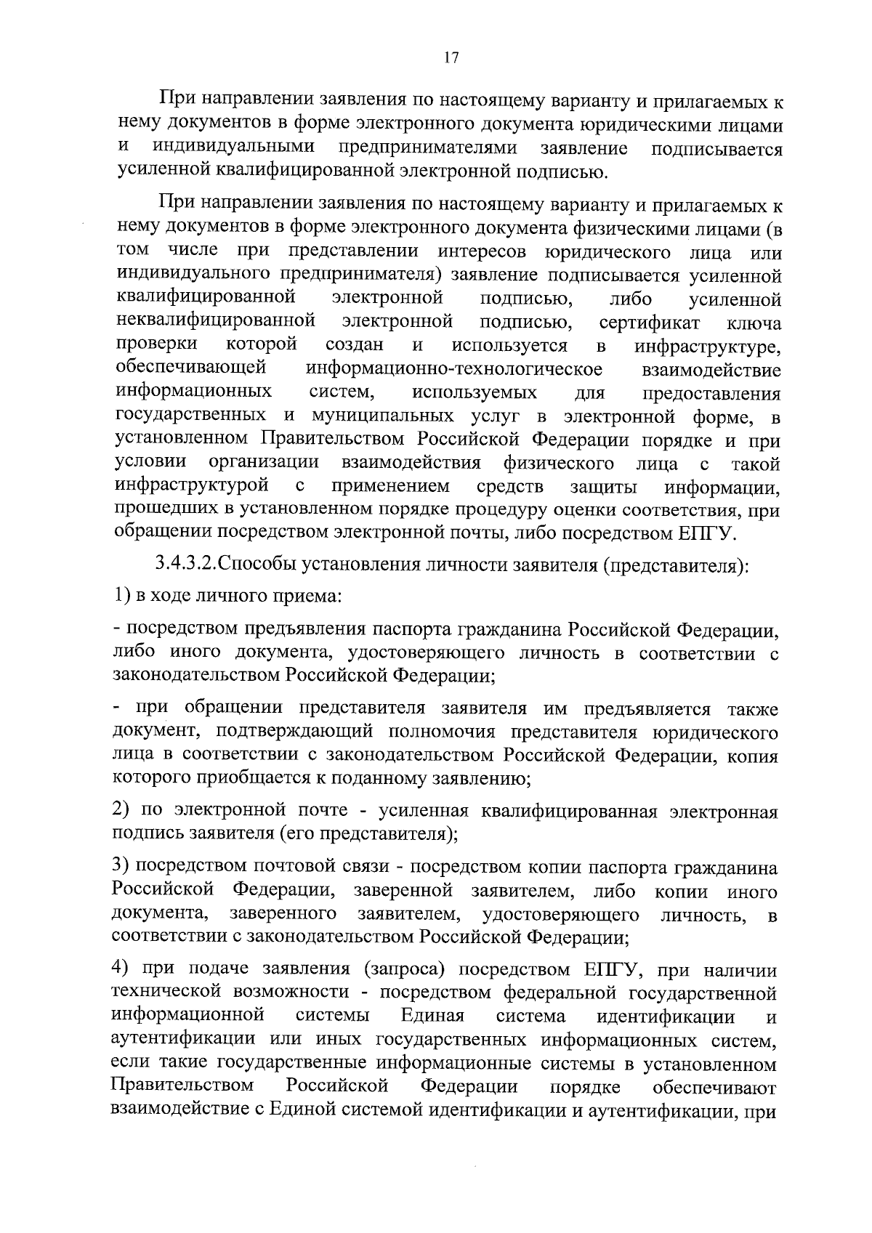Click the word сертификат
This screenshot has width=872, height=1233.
tap(649, 323)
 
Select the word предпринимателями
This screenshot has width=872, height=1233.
tap(428, 148)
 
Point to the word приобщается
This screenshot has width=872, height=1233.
tap(255, 780)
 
